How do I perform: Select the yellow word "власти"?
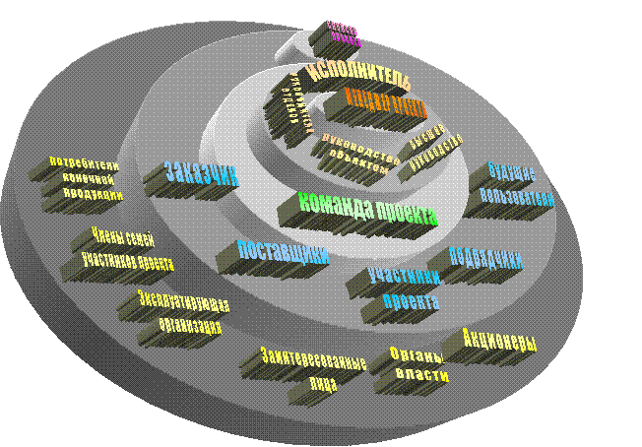click(421, 375)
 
